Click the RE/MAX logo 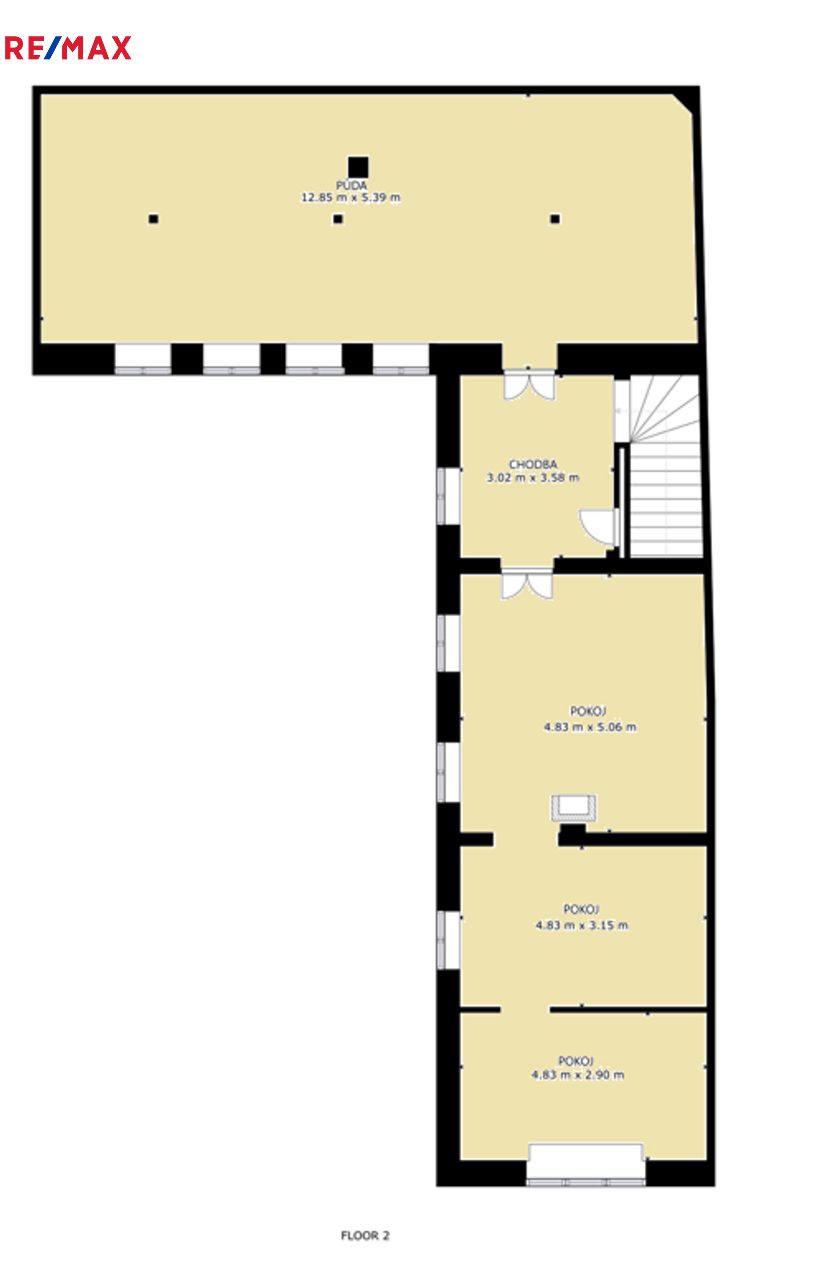pos(68,48)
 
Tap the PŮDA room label pos(351,185)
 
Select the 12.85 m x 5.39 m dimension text pos(351,198)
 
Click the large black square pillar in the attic pos(358,167)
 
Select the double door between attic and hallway pos(529,385)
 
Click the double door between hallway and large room pos(527,583)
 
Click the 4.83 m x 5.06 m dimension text pos(590,727)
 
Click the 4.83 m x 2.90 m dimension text pos(577,1075)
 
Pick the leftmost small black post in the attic pos(153,219)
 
